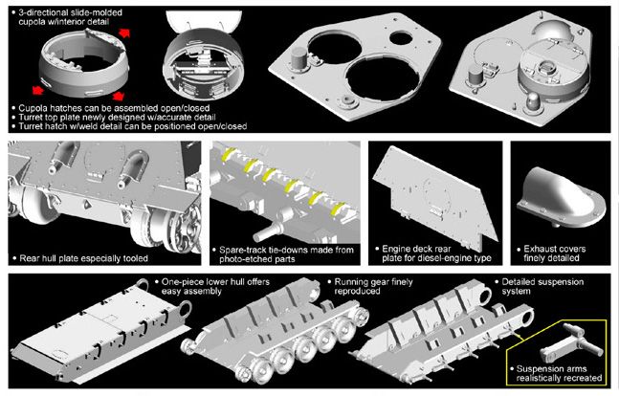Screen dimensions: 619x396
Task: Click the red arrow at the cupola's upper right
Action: click(x=124, y=33)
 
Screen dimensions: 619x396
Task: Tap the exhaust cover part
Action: click(x=561, y=197)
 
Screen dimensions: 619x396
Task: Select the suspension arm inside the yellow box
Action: click(x=570, y=342)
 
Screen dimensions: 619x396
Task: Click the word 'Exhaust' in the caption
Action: click(x=540, y=249)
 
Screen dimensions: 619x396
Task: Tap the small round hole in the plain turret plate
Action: click(x=401, y=38)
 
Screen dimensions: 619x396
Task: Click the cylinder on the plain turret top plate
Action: click(x=298, y=59)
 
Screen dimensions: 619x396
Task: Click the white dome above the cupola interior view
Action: click(x=204, y=21)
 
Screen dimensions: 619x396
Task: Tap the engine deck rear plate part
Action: click(x=434, y=197)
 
